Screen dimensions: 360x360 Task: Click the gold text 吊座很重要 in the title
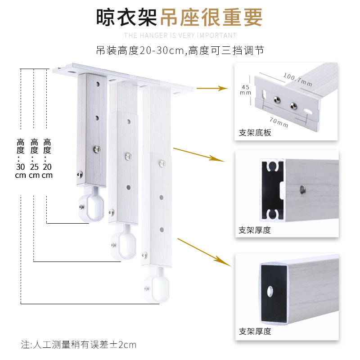[x=210, y=18]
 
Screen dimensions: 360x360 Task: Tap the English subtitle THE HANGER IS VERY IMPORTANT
[x=180, y=36]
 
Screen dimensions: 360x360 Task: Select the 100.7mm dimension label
[x=297, y=79]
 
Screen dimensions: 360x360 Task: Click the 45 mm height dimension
[x=245, y=90]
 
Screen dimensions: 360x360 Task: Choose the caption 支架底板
[x=255, y=133]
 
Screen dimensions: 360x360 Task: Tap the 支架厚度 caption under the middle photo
[x=255, y=230]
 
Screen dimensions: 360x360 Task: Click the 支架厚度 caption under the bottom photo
[x=255, y=332]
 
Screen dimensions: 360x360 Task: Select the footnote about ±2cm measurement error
[x=78, y=345]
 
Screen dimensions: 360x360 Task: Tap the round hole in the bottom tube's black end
[x=272, y=290]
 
